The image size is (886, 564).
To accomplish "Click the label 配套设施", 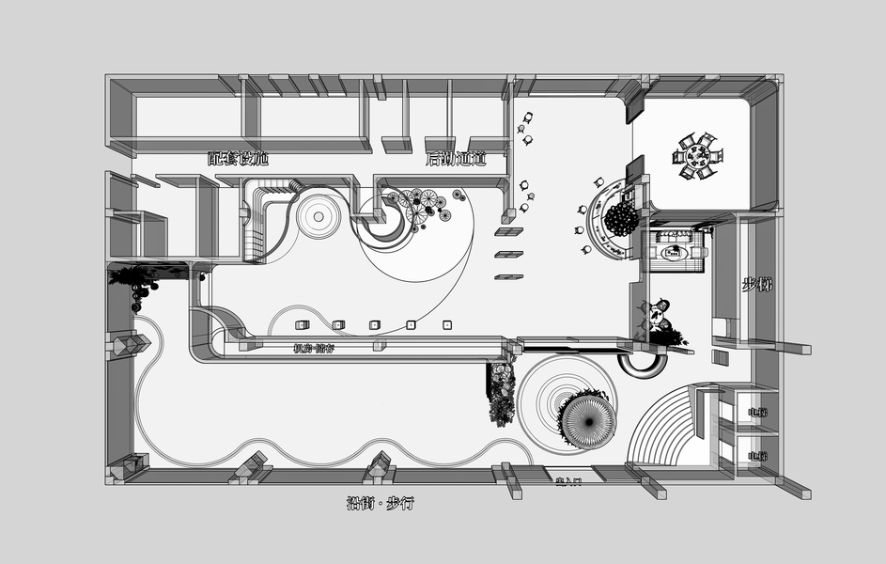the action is (238, 159).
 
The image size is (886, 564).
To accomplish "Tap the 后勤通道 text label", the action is (456, 159).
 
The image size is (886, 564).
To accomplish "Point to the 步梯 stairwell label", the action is (757, 285).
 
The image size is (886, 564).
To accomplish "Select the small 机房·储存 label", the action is (314, 349).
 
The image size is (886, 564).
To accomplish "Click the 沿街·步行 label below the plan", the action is (380, 504).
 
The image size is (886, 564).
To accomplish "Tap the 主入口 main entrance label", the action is (569, 482).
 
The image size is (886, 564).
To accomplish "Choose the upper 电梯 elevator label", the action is (756, 412).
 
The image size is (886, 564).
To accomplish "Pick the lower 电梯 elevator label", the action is (756, 456).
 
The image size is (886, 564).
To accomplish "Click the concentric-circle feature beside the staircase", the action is (319, 217).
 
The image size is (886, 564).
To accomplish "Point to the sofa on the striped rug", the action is (676, 251).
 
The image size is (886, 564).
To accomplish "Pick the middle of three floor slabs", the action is (508, 254).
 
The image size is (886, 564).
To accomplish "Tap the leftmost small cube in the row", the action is (303, 325).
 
